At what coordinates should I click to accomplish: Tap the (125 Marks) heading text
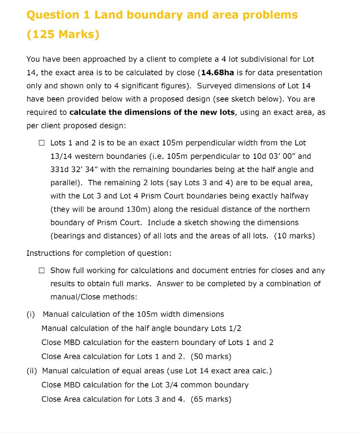point(63,34)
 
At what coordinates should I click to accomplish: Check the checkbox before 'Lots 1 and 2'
point(41,143)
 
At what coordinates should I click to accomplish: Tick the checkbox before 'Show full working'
point(41,270)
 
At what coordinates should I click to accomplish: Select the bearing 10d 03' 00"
point(275,156)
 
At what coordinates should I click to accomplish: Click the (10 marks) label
point(294,236)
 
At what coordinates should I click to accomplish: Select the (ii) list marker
point(32,371)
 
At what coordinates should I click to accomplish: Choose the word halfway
point(294,196)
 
